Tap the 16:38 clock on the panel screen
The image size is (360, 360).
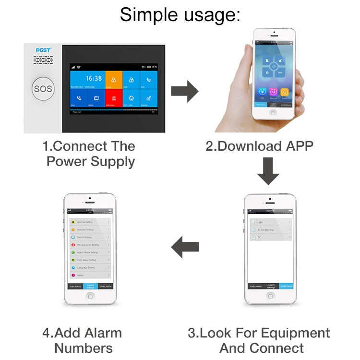(x=94, y=78)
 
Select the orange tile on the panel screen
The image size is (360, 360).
(x=113, y=80)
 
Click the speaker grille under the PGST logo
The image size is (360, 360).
(x=43, y=60)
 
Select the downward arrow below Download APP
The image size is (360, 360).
(x=267, y=172)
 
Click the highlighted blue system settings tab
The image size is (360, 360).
(x=90, y=286)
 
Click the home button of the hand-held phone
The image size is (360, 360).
(x=273, y=113)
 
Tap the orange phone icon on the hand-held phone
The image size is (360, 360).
(x=284, y=91)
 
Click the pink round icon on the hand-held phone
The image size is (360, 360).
(x=273, y=91)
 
